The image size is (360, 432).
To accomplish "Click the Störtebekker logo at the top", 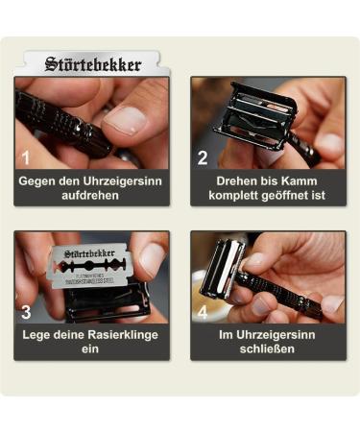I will coord(93,65).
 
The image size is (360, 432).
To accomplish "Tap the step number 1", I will coord(26,156).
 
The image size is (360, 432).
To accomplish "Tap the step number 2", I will coord(203,156).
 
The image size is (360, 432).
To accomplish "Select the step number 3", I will coord(26,311).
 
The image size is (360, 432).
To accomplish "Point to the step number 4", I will coord(203,311).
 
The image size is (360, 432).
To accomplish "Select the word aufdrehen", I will coord(91,195).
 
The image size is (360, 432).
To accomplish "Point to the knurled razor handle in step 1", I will coord(58,125).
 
